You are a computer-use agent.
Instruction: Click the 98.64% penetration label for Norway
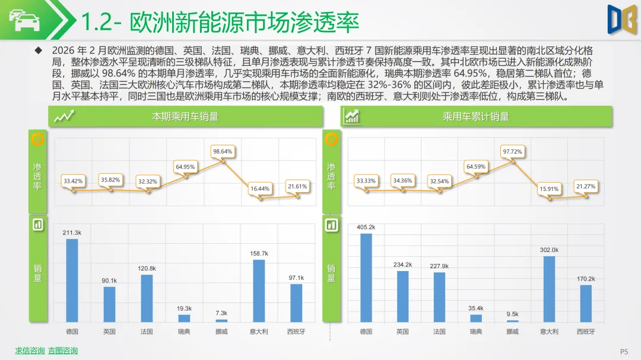[x=222, y=151]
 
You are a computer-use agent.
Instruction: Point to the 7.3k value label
[x=221, y=313]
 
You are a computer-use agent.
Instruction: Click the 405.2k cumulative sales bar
[x=366, y=278]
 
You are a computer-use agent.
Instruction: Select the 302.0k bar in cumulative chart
[x=550, y=289]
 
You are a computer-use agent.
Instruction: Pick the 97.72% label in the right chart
[x=513, y=151]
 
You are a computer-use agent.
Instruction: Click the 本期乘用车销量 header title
[x=185, y=117]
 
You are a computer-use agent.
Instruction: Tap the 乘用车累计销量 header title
[x=476, y=117]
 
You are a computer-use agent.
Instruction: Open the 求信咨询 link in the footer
[x=30, y=351]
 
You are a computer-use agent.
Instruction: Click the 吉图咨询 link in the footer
[x=63, y=351]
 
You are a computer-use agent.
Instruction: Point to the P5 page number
[x=624, y=351]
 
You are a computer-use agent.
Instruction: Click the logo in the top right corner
[x=622, y=19]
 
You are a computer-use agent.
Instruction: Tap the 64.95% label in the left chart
[x=185, y=167]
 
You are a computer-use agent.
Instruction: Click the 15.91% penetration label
[x=549, y=189]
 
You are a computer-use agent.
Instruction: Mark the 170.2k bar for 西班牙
[x=586, y=303]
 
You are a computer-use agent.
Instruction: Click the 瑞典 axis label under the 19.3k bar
[x=185, y=332]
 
